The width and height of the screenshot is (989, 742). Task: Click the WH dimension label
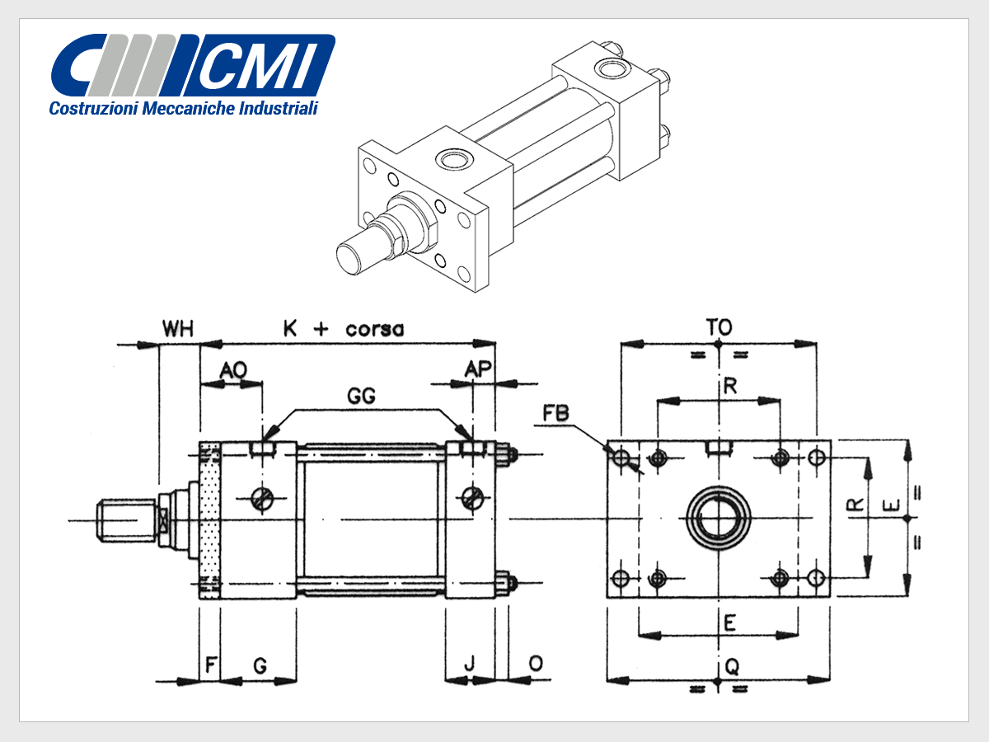point(178,328)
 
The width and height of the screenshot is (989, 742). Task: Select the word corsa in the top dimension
point(374,330)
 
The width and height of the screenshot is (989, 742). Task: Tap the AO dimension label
point(233,369)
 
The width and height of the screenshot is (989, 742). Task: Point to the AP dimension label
point(477,369)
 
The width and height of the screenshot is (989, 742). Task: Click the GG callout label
point(361,396)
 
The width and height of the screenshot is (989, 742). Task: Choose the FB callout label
point(555,413)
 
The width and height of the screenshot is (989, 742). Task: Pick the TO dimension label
point(719,327)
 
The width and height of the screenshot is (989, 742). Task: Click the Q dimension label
point(732,666)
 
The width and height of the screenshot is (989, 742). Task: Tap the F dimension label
point(211,665)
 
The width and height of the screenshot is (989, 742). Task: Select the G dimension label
point(260,665)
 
